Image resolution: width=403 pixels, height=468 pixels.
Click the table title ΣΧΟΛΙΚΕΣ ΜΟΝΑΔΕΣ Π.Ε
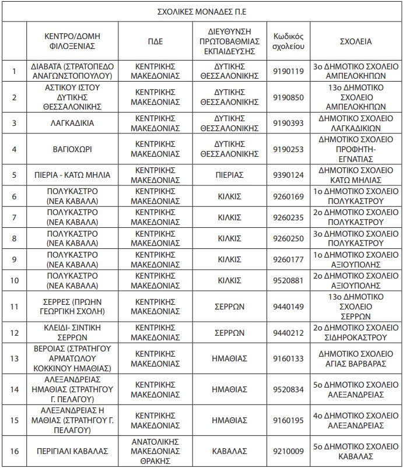coord(202,11)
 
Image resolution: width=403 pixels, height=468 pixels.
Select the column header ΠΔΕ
coord(156,41)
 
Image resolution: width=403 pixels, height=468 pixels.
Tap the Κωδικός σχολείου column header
coord(289,41)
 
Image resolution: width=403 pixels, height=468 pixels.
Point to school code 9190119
coord(289,72)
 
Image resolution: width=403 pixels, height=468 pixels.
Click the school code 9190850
coord(289,97)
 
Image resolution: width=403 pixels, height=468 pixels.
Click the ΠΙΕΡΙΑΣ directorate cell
coord(229,175)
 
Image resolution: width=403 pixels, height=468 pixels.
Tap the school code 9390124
coord(289,175)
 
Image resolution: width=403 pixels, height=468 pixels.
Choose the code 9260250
coord(289,238)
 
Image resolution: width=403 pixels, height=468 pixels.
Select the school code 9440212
coord(289,333)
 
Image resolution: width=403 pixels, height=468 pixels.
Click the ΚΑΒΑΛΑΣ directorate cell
coord(229,451)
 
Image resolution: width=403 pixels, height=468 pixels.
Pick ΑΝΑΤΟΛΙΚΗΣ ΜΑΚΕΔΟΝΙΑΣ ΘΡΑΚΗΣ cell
coord(156,451)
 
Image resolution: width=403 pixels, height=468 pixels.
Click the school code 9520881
coord(289,280)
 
